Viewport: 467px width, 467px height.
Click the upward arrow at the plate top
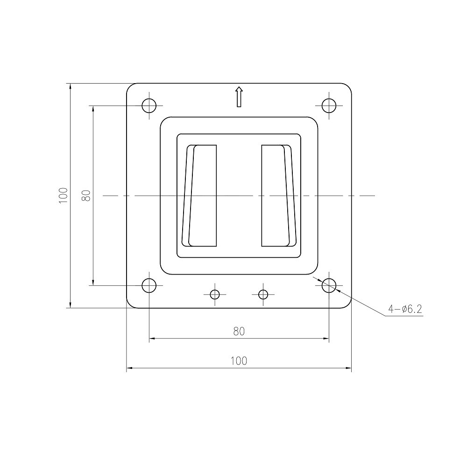tap(239, 97)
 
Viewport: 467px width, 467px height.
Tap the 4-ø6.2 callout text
tap(405, 309)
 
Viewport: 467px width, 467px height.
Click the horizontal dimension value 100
tap(239, 361)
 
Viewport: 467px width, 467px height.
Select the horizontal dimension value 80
tap(239, 331)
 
